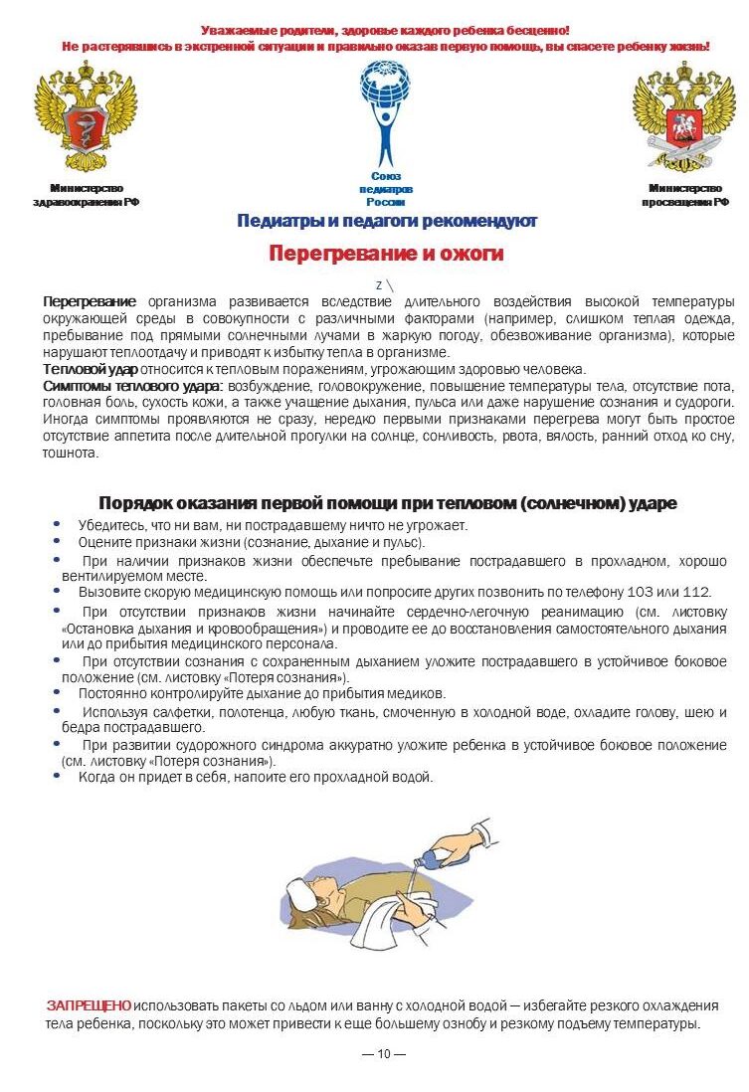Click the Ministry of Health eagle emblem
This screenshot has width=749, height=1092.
pos(86,117)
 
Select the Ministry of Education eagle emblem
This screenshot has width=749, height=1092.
pos(684,117)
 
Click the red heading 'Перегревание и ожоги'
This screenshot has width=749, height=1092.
pos(386,254)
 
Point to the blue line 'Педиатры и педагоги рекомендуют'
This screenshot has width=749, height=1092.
pos(387,221)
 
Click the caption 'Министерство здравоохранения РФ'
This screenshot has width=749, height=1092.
pos(86,195)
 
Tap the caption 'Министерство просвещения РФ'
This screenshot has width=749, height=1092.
pos(684,195)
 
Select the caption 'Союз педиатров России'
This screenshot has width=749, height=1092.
pos(385,189)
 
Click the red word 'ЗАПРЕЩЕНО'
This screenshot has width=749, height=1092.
pos(89,1005)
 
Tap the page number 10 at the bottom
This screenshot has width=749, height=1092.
pos(384,1054)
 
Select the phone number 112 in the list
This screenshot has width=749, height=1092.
pos(695,592)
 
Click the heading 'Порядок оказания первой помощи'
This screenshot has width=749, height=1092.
pos(387,503)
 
